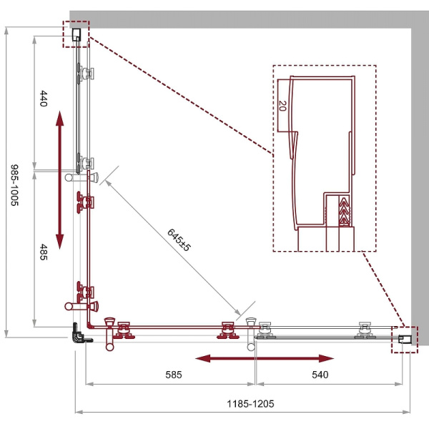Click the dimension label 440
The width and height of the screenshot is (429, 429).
pos(44,99)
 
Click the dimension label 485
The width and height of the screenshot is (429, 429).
pos(44,252)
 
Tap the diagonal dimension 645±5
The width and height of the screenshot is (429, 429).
pos(178,240)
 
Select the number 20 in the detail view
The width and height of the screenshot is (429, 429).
pos(282,107)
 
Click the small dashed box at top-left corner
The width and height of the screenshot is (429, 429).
pos(77,34)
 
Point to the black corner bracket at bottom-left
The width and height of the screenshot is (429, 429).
pos(79,333)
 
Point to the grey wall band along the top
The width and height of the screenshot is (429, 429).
pos(243,19)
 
